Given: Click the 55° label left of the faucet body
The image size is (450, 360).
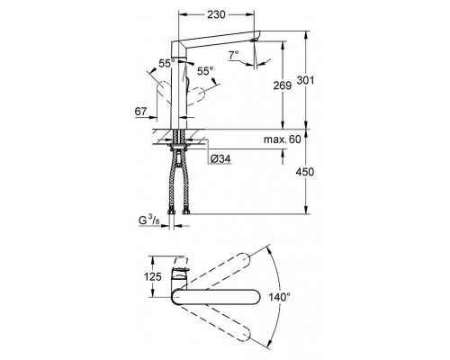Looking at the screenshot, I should [x=166, y=65].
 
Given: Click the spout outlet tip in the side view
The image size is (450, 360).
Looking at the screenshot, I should [x=259, y=38].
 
